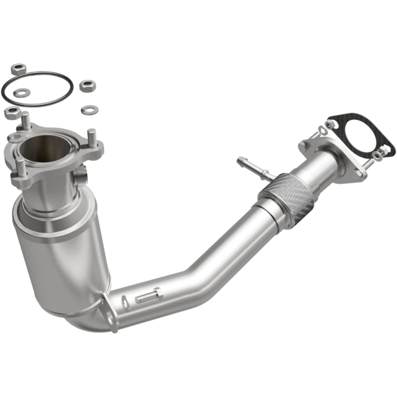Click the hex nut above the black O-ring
18,69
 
